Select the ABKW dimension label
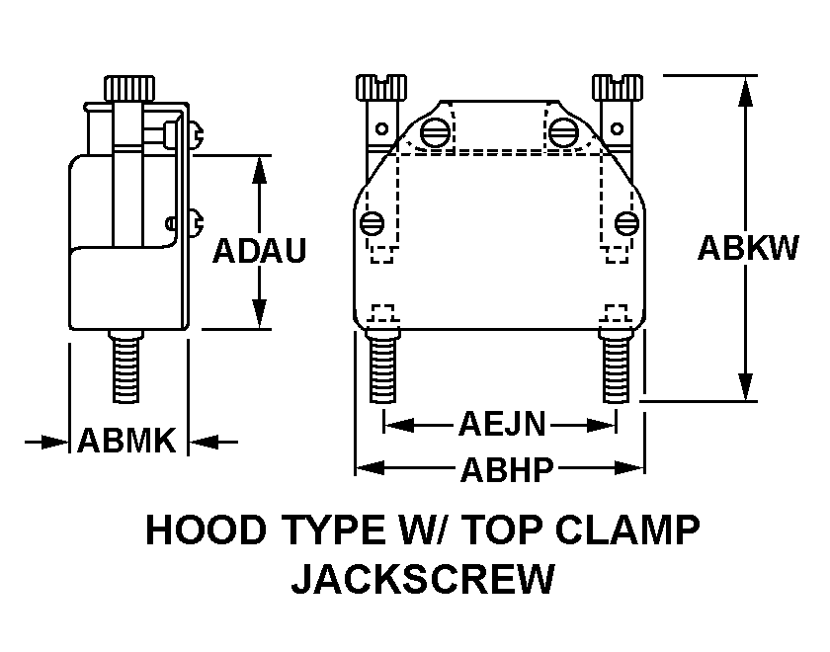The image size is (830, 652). point(747,247)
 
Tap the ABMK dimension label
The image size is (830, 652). point(126,441)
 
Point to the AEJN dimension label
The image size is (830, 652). point(501,425)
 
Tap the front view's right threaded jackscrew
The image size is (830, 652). point(616,366)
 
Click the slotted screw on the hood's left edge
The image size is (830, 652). point(373,221)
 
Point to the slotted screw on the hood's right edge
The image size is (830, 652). point(624,221)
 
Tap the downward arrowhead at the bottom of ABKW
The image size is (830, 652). point(748,386)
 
